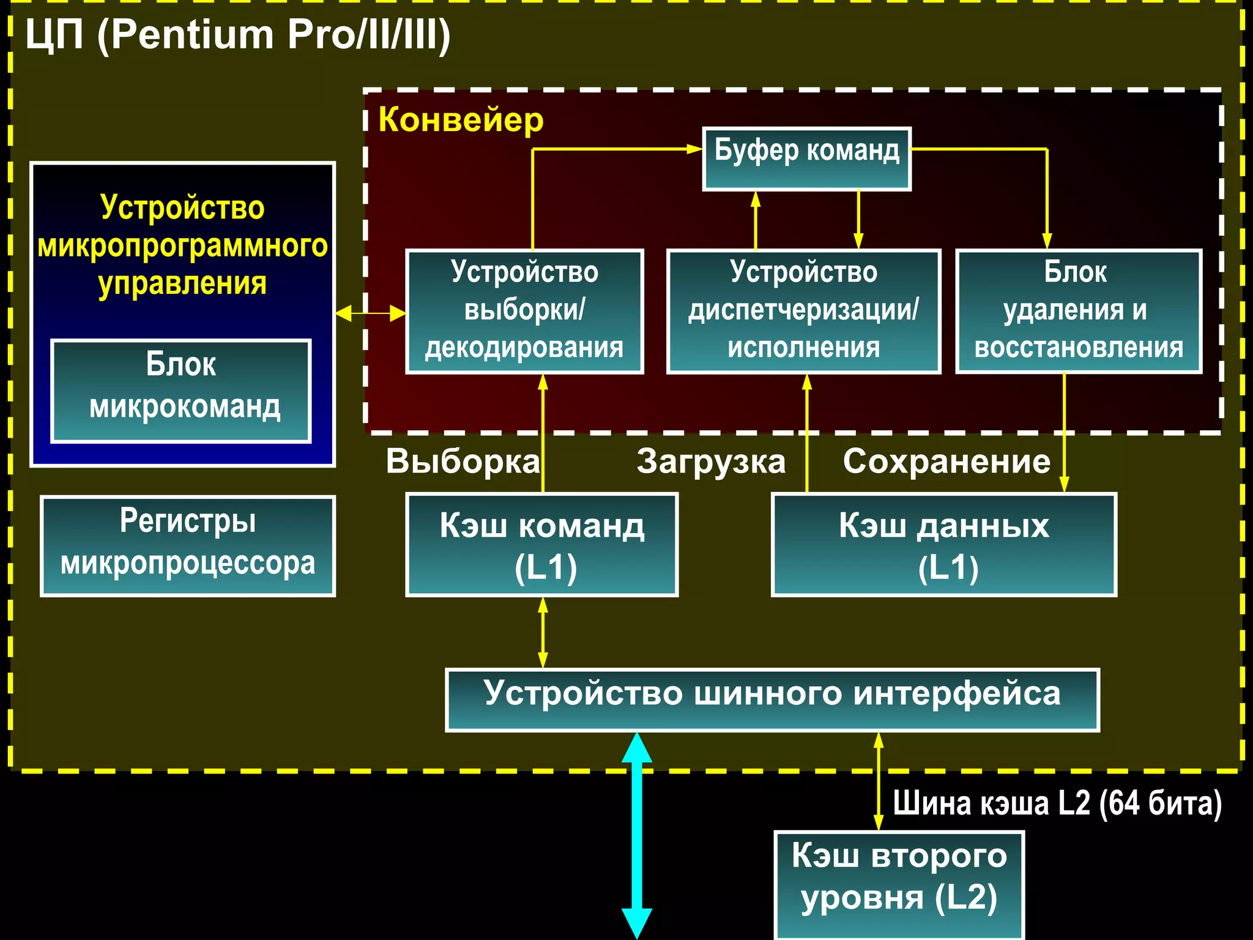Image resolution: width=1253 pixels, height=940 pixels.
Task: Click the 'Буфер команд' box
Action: click(x=806, y=159)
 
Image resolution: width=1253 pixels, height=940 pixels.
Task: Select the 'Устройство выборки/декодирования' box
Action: click(x=524, y=311)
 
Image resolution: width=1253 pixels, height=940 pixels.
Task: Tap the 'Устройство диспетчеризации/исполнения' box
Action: click(x=803, y=311)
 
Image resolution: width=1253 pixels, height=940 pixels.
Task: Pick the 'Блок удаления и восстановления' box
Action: click(x=1079, y=311)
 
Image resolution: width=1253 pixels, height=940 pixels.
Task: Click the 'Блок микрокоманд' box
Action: click(x=181, y=390)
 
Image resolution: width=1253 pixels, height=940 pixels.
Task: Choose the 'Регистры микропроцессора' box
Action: click(x=188, y=545)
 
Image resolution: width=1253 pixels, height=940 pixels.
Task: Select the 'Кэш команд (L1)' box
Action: click(x=541, y=544)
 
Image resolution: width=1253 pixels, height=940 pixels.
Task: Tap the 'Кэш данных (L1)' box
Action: click(x=943, y=544)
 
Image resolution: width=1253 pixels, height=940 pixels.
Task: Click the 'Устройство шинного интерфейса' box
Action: click(x=772, y=699)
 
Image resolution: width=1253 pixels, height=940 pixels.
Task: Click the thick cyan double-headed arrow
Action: click(x=637, y=835)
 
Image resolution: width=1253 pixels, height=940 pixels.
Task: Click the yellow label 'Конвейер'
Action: click(x=461, y=119)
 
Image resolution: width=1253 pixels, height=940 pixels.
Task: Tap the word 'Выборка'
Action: click(x=463, y=461)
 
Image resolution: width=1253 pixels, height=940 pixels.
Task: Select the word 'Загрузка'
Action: click(x=711, y=461)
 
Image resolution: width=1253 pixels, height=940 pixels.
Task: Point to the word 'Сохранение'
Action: click(x=946, y=461)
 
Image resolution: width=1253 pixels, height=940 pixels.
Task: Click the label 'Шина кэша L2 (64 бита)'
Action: click(x=1057, y=803)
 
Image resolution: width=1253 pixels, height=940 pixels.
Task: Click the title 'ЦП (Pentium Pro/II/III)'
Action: click(x=237, y=35)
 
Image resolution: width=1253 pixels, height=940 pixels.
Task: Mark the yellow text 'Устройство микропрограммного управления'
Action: click(x=182, y=245)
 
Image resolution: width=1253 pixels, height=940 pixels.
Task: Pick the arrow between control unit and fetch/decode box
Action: click(x=370, y=313)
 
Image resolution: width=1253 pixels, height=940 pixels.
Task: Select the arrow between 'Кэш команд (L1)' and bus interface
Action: click(x=543, y=632)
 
